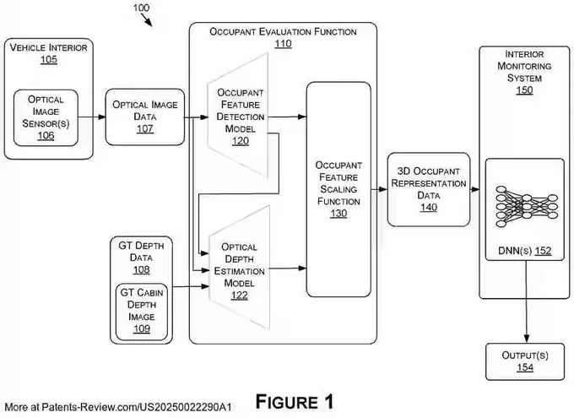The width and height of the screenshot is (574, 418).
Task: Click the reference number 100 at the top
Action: [141, 8]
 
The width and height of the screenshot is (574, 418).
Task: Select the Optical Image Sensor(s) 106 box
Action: [46, 117]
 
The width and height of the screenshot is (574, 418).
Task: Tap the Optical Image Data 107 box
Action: [145, 117]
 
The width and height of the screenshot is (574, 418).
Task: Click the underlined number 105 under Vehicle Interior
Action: [49, 59]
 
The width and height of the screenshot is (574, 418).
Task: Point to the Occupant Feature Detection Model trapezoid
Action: [239, 116]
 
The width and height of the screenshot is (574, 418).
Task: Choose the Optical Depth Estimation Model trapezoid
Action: [240, 269]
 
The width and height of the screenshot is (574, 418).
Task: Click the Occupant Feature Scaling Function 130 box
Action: [338, 189]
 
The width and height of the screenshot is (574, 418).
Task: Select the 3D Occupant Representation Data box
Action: [429, 189]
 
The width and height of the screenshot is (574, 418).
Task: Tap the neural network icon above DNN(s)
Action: [527, 207]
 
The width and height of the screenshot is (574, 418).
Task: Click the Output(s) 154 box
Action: [525, 361]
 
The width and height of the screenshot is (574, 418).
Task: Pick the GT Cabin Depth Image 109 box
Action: [142, 312]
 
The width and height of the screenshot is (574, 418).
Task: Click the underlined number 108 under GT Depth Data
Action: [141, 269]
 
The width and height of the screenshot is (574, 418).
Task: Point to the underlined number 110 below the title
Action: [283, 44]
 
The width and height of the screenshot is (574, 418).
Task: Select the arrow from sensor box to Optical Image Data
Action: [92, 117]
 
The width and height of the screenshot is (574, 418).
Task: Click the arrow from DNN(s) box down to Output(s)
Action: [527, 301]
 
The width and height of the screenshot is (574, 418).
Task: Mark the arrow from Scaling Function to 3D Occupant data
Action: [379, 189]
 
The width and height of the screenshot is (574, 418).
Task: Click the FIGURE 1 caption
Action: [295, 401]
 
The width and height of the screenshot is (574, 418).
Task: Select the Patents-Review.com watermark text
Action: [118, 407]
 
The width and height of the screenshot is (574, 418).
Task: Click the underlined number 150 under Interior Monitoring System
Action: [524, 90]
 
